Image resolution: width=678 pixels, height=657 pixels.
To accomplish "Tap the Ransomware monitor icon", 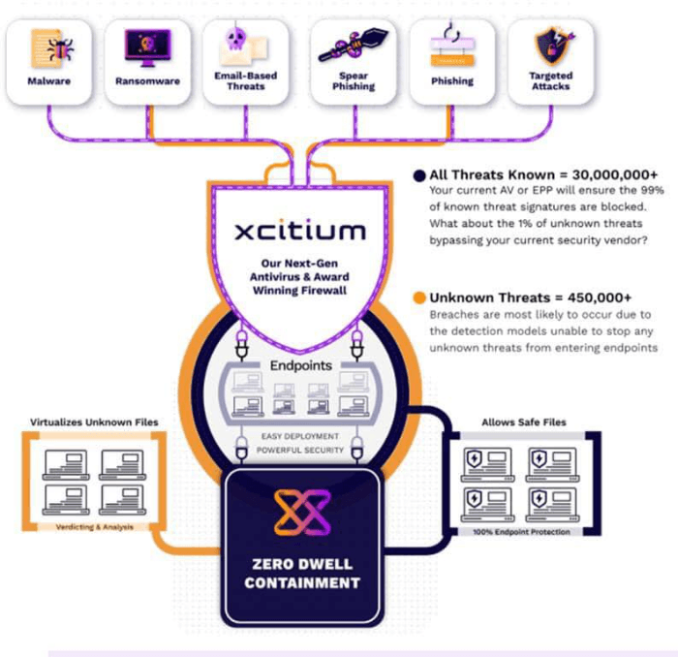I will click(x=147, y=45).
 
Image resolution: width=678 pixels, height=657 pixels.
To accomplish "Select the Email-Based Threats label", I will click(x=245, y=80).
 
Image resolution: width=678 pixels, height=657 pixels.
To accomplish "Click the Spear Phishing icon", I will click(x=354, y=45).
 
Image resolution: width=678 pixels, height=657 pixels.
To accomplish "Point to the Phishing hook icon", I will click(x=453, y=45).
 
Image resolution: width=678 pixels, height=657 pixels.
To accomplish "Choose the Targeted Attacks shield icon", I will click(x=550, y=45).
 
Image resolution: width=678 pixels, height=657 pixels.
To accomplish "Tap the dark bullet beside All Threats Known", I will click(x=418, y=174).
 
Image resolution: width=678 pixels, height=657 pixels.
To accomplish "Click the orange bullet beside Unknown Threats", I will click(x=418, y=298).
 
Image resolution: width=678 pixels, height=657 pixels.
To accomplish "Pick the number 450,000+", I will click(x=598, y=298).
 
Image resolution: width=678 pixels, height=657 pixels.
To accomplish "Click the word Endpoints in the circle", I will click(x=301, y=366).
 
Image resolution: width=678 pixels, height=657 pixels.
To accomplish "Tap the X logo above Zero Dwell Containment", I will click(x=301, y=512).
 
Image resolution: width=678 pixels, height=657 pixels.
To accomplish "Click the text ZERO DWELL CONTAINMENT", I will click(x=301, y=573).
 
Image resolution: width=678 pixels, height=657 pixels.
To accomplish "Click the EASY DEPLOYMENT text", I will click(x=301, y=437).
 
